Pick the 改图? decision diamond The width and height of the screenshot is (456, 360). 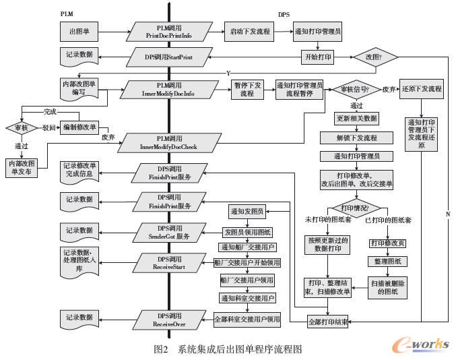(x=378, y=57)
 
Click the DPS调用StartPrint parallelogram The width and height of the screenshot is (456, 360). (x=168, y=57)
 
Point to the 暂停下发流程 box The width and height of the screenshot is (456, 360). (x=247, y=90)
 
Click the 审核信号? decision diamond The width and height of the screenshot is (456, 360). (x=356, y=89)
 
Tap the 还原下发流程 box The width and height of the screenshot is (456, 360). (x=421, y=89)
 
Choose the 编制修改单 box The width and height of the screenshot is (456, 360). (x=80, y=127)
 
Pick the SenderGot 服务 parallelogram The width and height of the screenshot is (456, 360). (x=168, y=233)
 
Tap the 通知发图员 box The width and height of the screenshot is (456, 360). (x=247, y=211)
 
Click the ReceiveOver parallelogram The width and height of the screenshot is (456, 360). (x=168, y=320)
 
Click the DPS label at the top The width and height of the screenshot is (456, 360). (x=284, y=13)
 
